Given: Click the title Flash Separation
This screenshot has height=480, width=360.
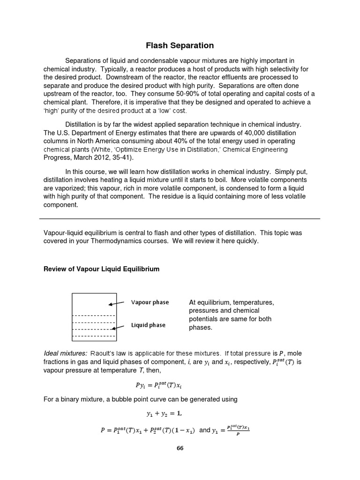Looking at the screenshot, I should [x=180, y=45].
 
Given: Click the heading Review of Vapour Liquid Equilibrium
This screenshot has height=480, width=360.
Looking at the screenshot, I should [x=101, y=269].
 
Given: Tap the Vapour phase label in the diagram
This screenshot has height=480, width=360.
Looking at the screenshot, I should [x=150, y=302].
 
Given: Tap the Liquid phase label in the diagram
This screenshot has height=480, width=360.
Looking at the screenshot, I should [x=148, y=325].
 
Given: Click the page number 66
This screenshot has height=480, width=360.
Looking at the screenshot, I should [x=180, y=448].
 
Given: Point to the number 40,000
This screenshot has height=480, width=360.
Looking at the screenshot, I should [x=252, y=133].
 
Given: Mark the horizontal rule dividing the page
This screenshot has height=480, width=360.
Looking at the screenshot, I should [x=180, y=219].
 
